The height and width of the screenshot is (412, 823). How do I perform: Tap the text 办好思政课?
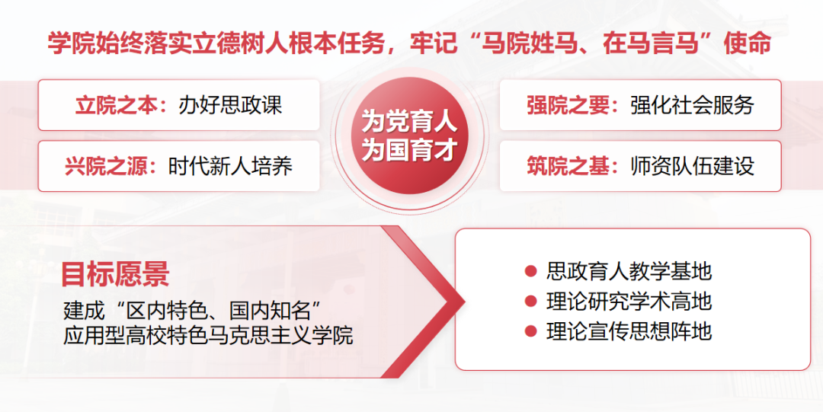231,105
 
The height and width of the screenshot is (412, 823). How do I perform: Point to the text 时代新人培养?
231,166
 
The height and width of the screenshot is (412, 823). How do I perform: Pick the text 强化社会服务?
693,105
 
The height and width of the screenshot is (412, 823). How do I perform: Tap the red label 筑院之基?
568,166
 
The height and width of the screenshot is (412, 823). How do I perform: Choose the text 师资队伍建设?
693,166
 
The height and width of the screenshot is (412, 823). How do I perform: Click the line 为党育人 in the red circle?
409,123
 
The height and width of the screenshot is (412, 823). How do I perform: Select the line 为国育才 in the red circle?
409,150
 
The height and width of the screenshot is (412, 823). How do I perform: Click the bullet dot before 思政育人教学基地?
531,271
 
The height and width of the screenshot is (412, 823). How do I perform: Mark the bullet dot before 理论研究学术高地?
531,302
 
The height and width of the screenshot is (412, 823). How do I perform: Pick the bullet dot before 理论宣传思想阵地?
531,332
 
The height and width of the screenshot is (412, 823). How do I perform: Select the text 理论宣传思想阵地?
629,332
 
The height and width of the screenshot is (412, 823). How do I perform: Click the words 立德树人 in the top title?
230,43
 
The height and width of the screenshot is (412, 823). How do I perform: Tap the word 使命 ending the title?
748,43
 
